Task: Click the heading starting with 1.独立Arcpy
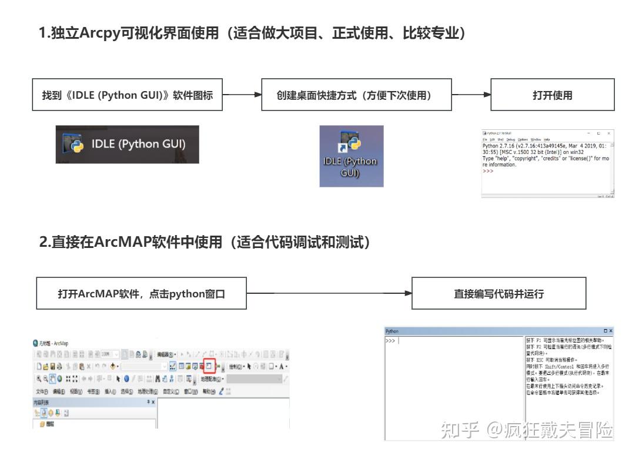pos(252,33)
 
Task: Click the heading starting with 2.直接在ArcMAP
pos(205,242)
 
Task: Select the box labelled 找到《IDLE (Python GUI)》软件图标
pos(128,95)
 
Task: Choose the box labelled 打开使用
pos(552,95)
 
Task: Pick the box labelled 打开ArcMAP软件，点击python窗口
pos(142,293)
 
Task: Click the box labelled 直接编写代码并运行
pos(498,293)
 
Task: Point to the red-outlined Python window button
pos(210,366)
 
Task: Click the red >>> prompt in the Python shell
pos(488,171)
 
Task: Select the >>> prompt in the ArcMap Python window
pos(390,341)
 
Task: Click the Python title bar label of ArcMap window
pos(392,331)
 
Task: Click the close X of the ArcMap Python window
pos(610,331)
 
